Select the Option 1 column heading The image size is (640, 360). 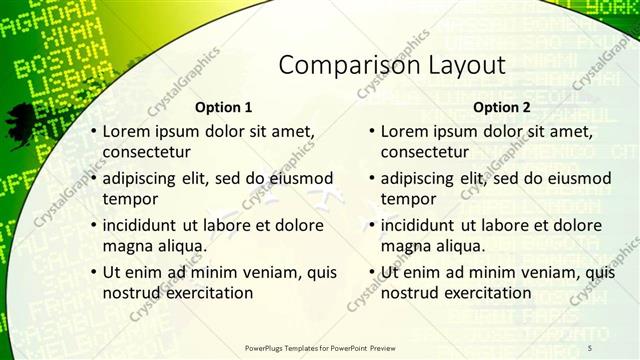pos(223,107)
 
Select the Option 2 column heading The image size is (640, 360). pos(501,107)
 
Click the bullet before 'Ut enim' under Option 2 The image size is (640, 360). pos(372,272)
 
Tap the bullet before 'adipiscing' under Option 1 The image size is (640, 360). pos(94,178)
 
